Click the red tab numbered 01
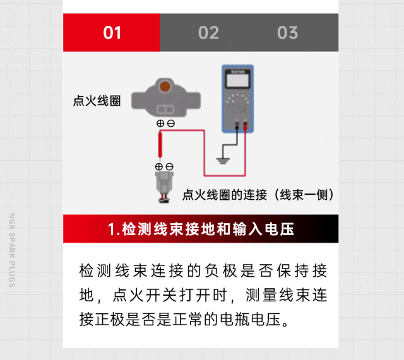coord(111,32)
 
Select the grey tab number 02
coord(208,33)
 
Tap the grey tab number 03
coord(288,33)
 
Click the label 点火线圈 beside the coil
coord(97,101)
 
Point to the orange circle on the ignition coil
coord(165,86)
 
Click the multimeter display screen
coord(237,81)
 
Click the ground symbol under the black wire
coord(223,161)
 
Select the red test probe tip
coord(160,145)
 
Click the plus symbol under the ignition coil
coord(160,124)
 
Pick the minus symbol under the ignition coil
coord(171,124)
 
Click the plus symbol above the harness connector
coord(159,166)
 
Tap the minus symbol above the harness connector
coord(169,166)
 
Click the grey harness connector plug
coord(164,187)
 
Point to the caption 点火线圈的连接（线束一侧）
coord(258,195)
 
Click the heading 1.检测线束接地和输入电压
coord(201,229)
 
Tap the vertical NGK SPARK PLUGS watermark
coord(12,250)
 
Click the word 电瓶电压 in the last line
coord(250,320)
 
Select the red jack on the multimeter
coord(246,125)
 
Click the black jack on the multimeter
coord(237,125)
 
